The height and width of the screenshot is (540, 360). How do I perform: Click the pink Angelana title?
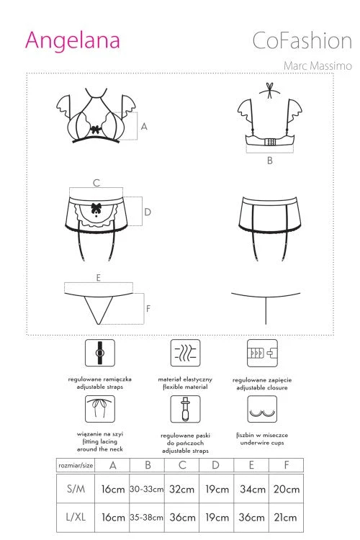click(x=72, y=41)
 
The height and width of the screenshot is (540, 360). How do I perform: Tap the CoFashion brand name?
click(x=302, y=40)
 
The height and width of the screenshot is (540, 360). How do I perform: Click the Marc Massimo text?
click(x=318, y=66)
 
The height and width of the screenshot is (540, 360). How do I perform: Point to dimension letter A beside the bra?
click(x=144, y=127)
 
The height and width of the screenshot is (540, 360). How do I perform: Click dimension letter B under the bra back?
click(x=270, y=161)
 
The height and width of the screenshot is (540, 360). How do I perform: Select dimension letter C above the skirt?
click(x=96, y=183)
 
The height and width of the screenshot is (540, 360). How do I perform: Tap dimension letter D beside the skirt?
click(x=148, y=212)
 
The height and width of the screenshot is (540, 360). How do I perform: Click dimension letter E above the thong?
click(x=99, y=278)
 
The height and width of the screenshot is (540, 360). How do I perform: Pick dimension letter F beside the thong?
click(x=148, y=308)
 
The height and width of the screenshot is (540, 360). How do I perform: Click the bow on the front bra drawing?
click(x=96, y=130)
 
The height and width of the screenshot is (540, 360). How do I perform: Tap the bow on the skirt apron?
click(x=96, y=208)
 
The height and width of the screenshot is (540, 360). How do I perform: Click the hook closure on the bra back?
click(x=271, y=142)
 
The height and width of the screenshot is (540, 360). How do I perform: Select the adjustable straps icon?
click(x=100, y=353)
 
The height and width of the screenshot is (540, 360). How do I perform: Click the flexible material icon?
click(x=185, y=353)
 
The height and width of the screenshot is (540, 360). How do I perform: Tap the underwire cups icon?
click(x=262, y=409)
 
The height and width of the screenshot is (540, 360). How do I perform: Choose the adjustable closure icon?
click(x=262, y=353)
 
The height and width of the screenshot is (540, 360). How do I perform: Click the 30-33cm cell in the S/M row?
click(x=147, y=489)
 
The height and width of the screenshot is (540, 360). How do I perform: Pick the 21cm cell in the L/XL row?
click(x=286, y=517)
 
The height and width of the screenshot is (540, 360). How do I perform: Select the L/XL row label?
click(x=76, y=517)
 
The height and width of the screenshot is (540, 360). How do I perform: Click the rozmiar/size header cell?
click(x=76, y=465)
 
